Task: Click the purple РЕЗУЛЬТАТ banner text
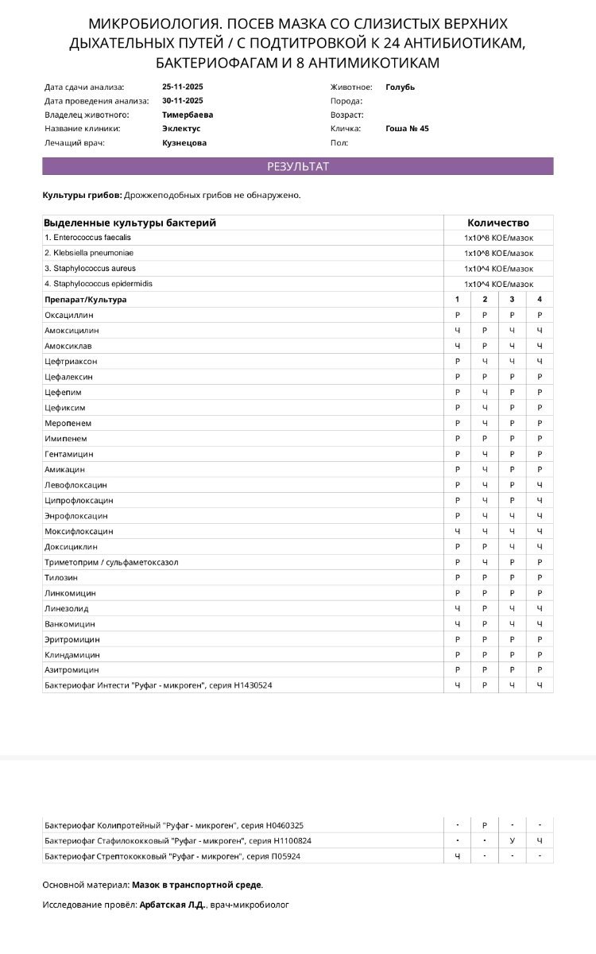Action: [x=297, y=167]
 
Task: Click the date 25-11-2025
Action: [x=182, y=87]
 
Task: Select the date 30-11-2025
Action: [x=182, y=101]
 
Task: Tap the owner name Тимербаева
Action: [x=187, y=114]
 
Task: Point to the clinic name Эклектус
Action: [x=181, y=128]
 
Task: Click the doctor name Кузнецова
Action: [x=184, y=143]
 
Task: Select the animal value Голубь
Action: [x=400, y=87]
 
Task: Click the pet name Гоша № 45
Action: [x=407, y=128]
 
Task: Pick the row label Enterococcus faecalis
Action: [x=87, y=238]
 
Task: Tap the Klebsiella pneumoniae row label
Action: [x=90, y=253]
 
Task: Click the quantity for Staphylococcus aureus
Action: [x=498, y=269]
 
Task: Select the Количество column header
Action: [x=498, y=223]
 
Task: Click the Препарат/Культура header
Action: [x=85, y=300]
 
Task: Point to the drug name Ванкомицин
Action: [x=70, y=624]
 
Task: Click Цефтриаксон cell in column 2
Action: [x=485, y=362]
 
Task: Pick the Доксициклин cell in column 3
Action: [x=512, y=547]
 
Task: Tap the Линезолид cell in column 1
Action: [x=457, y=608]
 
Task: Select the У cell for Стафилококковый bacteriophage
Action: [x=512, y=840]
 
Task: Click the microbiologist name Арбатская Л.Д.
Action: [x=172, y=905]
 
